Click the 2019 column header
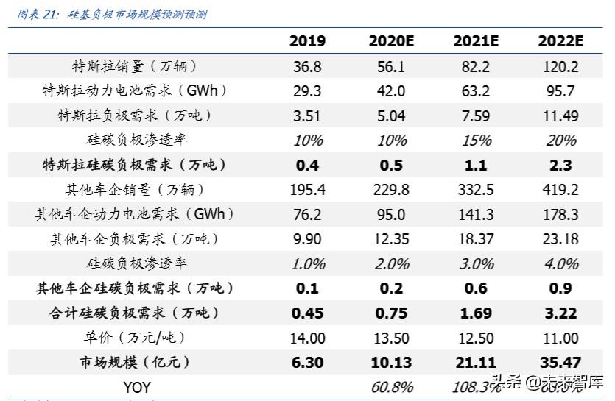click(x=307, y=41)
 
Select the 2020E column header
click(x=391, y=41)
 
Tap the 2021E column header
click(x=476, y=41)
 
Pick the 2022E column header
click(x=560, y=41)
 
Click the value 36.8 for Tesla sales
click(x=307, y=66)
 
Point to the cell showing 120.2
click(x=560, y=66)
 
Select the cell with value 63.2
click(x=476, y=91)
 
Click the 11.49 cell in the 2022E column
click(x=560, y=116)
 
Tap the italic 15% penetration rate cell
click(x=476, y=141)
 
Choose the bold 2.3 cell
click(x=560, y=166)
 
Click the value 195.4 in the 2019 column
click(x=307, y=190)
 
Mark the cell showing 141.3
click(x=476, y=214)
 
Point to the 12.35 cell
click(x=391, y=239)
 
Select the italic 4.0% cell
click(x=560, y=263)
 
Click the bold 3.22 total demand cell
click(x=560, y=313)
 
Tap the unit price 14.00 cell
click(x=307, y=338)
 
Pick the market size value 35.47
click(x=560, y=362)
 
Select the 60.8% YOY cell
click(x=391, y=387)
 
